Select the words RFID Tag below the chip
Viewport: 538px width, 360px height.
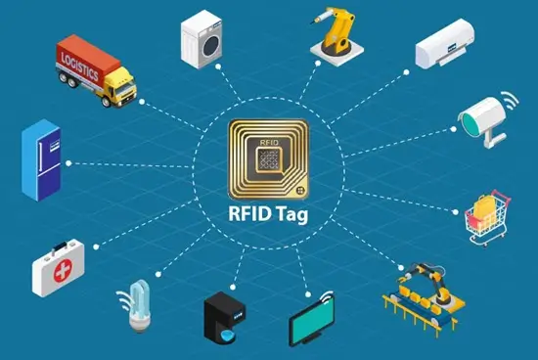coord(268,217)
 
